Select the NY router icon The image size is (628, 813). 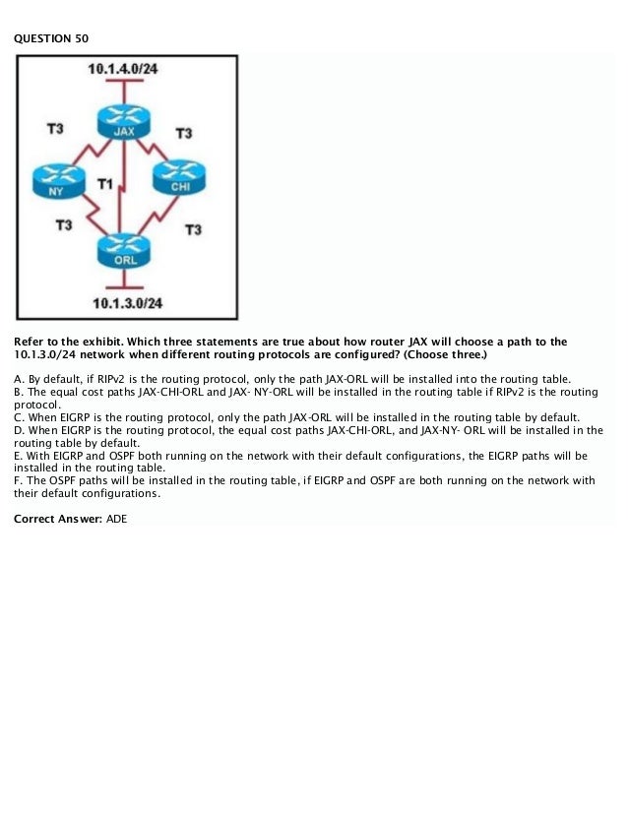point(56,181)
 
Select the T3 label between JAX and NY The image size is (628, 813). point(56,128)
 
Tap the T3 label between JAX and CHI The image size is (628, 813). point(183,133)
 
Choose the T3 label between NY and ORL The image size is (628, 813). point(63,225)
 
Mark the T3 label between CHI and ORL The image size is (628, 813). point(193,229)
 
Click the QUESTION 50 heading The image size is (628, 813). point(43,38)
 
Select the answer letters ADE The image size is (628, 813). point(116,518)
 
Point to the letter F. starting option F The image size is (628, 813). point(18,481)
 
